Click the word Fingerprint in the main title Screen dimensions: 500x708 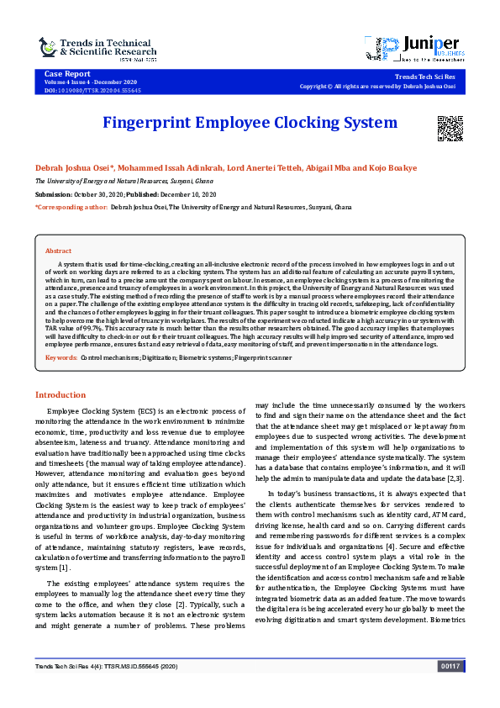point(147,123)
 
